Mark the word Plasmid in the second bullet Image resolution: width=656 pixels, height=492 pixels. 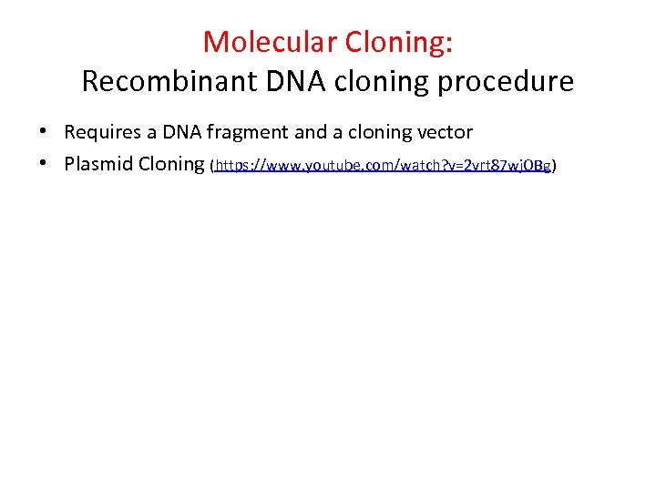99,164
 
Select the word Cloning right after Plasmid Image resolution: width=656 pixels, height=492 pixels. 172,165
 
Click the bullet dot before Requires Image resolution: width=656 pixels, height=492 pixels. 43,132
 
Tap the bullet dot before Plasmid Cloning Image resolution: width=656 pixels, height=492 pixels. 43,164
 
